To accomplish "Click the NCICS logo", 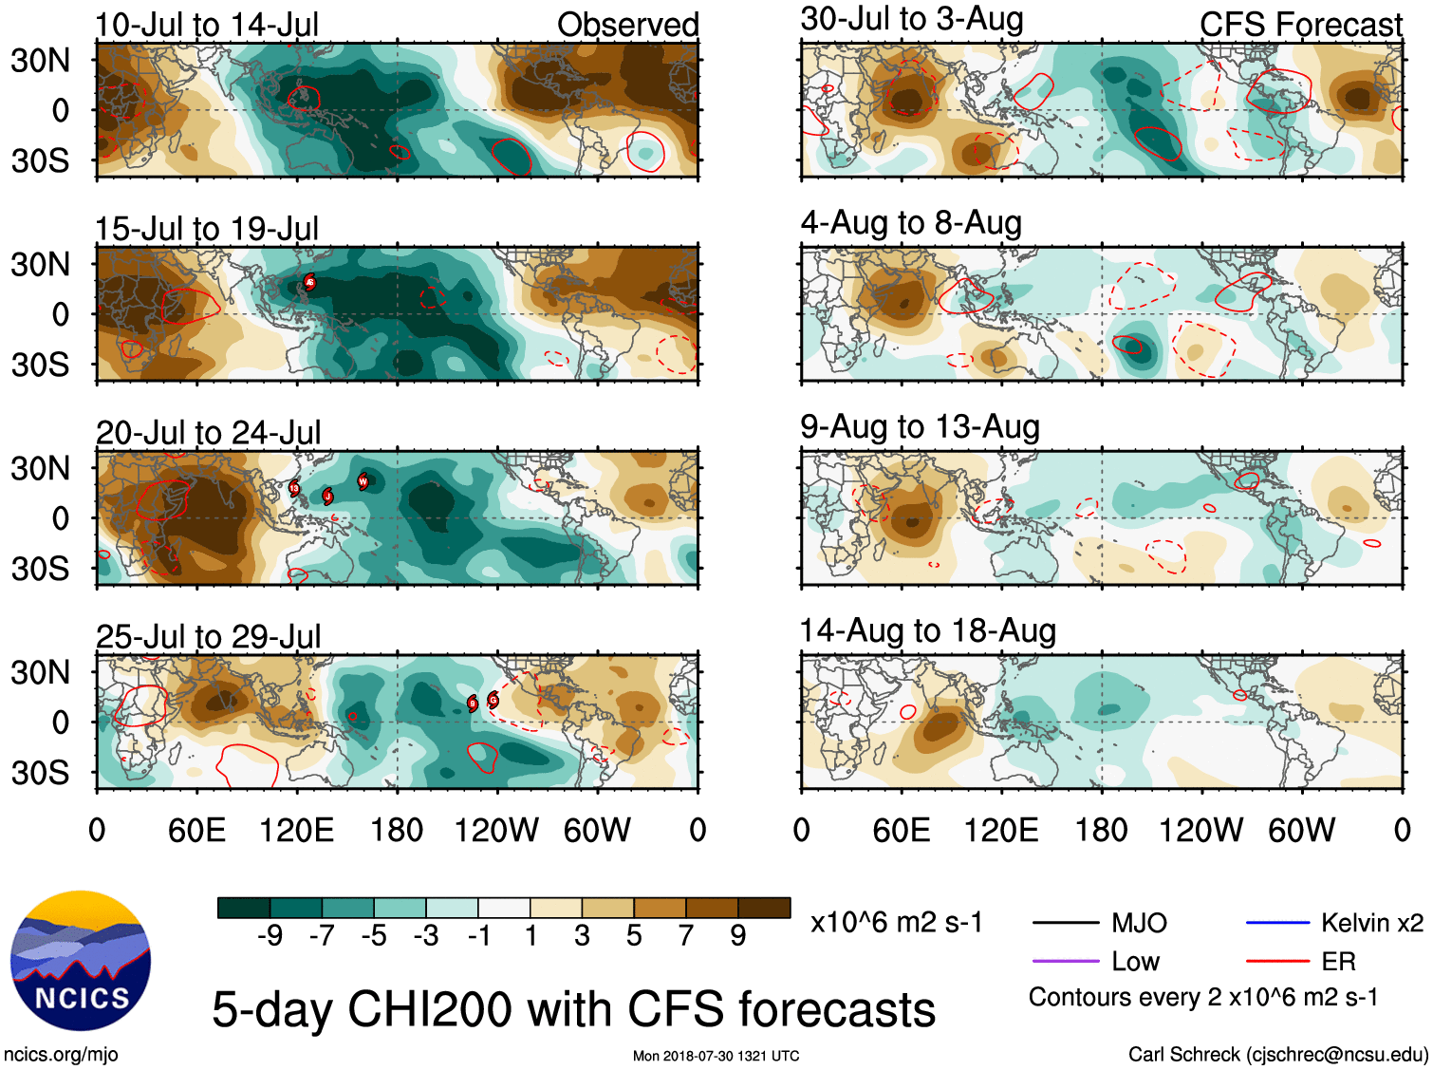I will tap(81, 960).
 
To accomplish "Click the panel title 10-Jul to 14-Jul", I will tap(207, 25).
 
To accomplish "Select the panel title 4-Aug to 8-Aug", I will tap(911, 223).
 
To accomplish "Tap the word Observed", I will tap(627, 25).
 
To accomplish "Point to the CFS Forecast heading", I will tap(1300, 25).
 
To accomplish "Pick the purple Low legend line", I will tap(1065, 962).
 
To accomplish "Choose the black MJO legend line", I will tap(1065, 923).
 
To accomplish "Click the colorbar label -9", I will tap(270, 936).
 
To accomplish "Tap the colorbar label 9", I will tap(738, 936).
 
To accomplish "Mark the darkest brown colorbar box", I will tap(764, 908).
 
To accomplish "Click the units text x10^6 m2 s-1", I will tap(897, 923).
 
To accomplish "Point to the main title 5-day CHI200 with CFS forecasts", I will tap(573, 1009).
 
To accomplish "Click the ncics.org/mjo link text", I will tap(61, 1054).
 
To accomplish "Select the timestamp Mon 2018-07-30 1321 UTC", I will tap(716, 1056).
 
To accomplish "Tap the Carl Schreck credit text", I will tap(1277, 1054).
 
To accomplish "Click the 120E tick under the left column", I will tap(297, 831).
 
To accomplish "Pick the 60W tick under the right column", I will tap(1301, 831).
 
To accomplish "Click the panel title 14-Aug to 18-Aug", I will tap(927, 631).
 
